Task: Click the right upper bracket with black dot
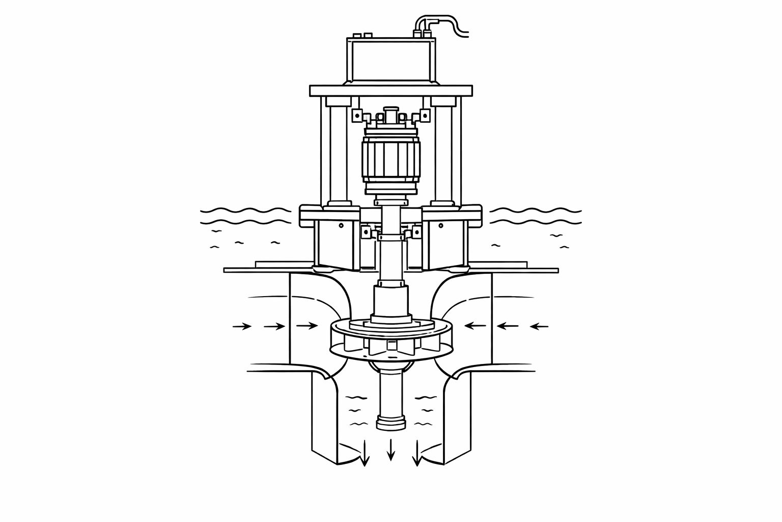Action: [x=425, y=117]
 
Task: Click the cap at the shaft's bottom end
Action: [x=391, y=423]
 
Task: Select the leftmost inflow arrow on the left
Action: [x=242, y=326]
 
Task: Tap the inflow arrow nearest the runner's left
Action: [x=307, y=325]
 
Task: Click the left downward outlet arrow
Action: [x=365, y=454]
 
